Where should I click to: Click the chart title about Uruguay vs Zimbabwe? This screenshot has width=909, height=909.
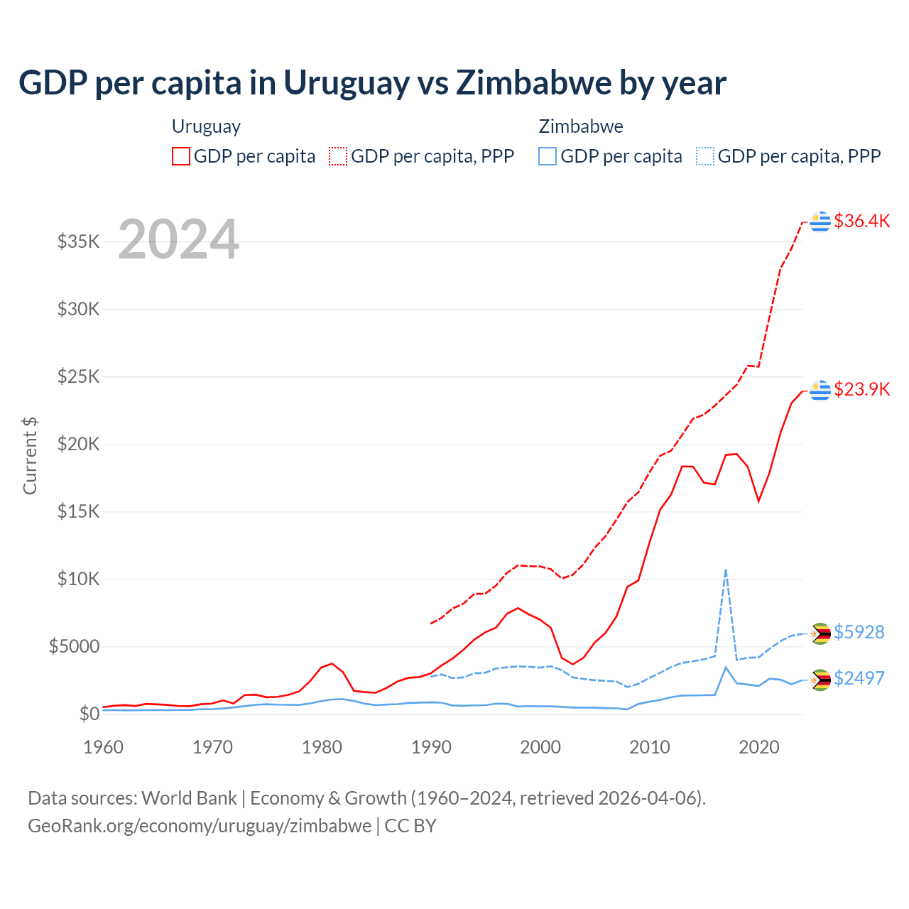click(x=372, y=83)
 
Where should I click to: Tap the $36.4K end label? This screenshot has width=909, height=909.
click(x=861, y=221)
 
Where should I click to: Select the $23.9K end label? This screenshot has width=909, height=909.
click(x=861, y=389)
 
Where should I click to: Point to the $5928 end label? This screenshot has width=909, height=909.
click(x=859, y=632)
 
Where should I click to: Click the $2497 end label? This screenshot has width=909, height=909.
click(x=859, y=678)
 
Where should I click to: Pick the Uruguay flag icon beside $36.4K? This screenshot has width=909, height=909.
click(x=820, y=222)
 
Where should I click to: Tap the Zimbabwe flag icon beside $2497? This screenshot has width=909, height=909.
click(x=821, y=680)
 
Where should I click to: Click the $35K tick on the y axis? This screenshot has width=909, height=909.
click(x=78, y=241)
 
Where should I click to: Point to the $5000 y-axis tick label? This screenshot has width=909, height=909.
click(x=74, y=646)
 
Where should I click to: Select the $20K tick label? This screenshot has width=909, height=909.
click(x=78, y=444)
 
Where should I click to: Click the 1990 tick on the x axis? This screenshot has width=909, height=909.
click(x=431, y=747)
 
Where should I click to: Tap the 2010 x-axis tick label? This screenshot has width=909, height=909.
click(x=650, y=747)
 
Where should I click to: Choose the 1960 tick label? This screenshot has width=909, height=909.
click(x=104, y=747)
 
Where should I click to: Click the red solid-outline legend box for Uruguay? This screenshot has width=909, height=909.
click(x=181, y=156)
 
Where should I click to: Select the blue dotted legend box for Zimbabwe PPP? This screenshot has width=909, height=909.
click(x=705, y=156)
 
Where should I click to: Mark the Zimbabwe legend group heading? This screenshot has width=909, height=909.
click(x=581, y=126)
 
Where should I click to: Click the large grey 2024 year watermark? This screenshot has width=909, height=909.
click(x=178, y=239)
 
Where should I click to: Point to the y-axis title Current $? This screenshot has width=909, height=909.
click(x=30, y=455)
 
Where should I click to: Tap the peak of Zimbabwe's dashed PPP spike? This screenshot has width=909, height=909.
click(x=726, y=570)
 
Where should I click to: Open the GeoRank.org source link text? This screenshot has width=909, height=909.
click(x=200, y=826)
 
